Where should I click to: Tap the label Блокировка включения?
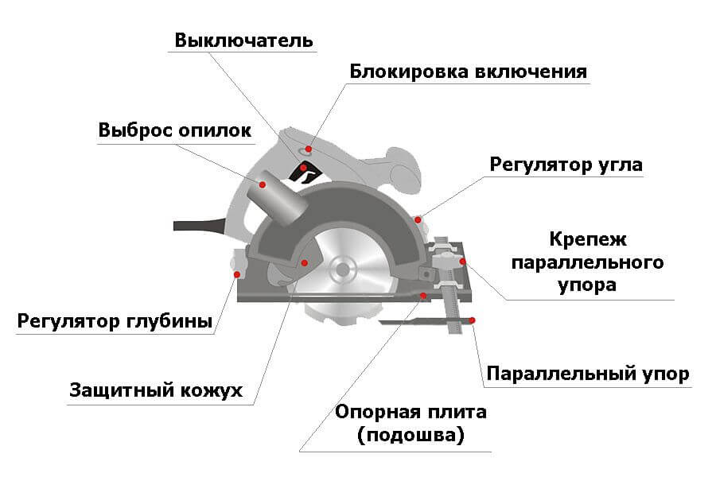(468, 72)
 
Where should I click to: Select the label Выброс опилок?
(175, 130)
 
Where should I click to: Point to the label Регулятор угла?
(566, 165)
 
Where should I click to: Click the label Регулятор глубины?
(115, 322)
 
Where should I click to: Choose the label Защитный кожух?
(155, 390)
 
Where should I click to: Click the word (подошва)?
(411, 436)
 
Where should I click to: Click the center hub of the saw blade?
(343, 268)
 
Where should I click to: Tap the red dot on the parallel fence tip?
(473, 320)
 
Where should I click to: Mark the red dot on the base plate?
(423, 295)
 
